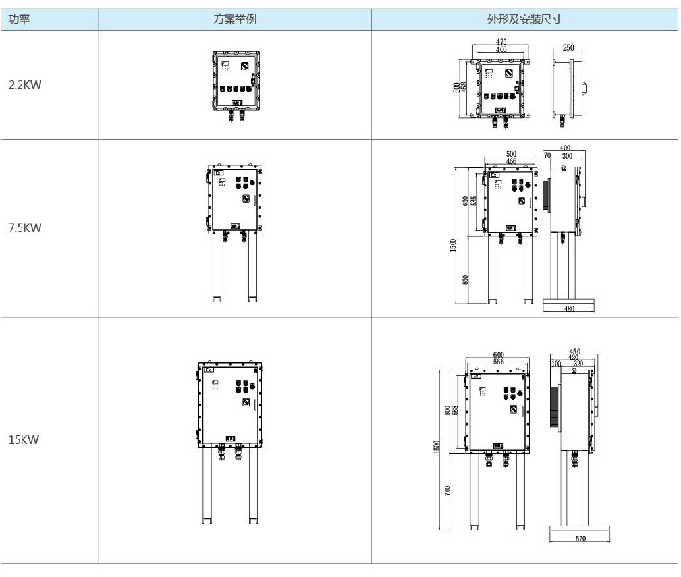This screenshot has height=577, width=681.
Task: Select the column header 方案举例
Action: tap(235, 20)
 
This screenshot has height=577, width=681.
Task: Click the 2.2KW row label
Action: tap(24, 84)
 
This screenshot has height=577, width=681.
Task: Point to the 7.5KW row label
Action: tap(24, 228)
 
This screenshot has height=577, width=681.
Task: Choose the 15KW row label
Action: tap(24, 439)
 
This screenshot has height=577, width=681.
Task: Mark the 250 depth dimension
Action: tap(568, 48)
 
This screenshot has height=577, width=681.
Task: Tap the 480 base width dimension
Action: tap(569, 308)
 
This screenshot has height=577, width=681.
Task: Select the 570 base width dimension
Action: tap(580, 539)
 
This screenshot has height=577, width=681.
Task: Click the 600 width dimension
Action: tap(499, 355)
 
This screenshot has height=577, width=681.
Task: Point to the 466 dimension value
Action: tap(511, 161)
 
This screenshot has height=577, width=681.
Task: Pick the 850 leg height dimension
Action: tap(466, 280)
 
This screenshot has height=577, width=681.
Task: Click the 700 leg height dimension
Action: tap(448, 490)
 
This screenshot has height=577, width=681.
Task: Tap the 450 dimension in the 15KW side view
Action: tap(574, 352)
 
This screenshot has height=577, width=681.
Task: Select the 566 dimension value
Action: tap(499, 362)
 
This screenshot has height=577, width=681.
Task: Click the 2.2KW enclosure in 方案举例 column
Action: tap(234, 82)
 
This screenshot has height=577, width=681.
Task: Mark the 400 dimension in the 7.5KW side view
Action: tap(565, 148)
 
